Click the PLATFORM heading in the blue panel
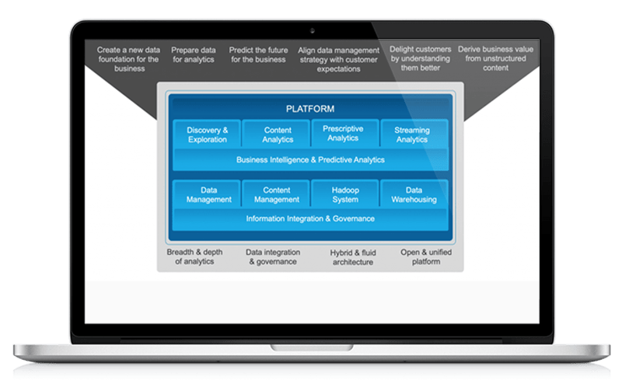pos(310,109)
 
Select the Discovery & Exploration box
pos(207,134)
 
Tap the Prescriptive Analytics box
pos(343,133)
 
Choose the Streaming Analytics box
pos(412,134)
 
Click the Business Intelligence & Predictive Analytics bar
pos(310,160)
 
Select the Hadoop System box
pos(344,194)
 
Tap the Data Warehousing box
pos(414,194)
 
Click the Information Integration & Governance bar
pos(310,219)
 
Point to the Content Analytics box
pos(277,134)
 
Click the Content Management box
pos(277,194)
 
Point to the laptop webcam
pos(311,30)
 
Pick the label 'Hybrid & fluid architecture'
pos(351,257)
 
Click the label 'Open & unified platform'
pos(426,257)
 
